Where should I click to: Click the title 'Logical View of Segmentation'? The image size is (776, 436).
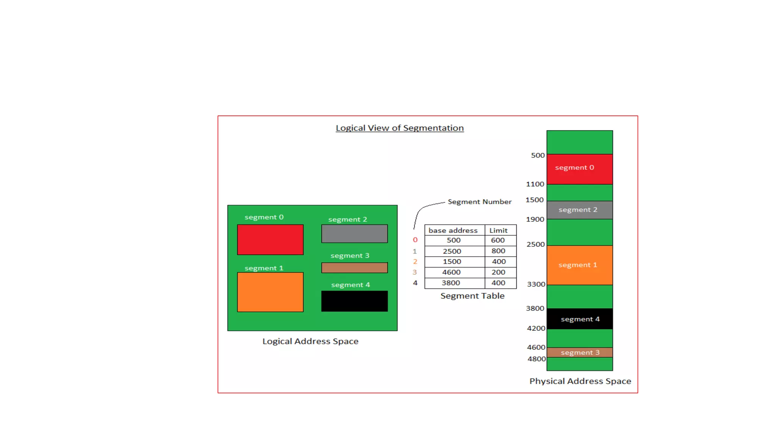[x=399, y=128]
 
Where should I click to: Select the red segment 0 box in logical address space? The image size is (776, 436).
[x=270, y=240]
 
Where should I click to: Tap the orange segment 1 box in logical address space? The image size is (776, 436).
[x=270, y=292]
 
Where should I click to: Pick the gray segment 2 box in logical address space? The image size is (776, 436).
[x=354, y=234]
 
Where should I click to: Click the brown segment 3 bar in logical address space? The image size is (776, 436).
[x=354, y=268]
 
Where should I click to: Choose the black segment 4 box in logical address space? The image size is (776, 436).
[x=354, y=301]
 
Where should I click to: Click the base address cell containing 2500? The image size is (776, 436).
[x=452, y=251]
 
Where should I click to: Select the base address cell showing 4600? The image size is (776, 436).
[x=451, y=272]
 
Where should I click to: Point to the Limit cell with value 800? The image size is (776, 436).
[x=499, y=251]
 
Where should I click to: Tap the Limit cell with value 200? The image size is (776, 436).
[x=499, y=272]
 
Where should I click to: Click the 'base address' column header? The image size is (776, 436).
[x=453, y=230]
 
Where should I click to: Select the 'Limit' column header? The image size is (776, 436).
[x=498, y=230]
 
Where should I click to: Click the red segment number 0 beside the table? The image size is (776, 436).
[x=415, y=240]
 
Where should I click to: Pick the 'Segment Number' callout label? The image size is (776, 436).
[x=479, y=202]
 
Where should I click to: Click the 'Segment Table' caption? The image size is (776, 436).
[x=472, y=296]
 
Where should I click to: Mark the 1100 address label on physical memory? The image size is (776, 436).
[x=535, y=184]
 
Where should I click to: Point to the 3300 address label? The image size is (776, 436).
[x=536, y=284]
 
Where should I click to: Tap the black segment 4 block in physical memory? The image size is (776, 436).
[x=580, y=319]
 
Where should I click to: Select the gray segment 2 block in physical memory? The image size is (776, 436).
[x=580, y=210]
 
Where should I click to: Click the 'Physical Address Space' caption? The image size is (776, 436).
[x=580, y=381]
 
